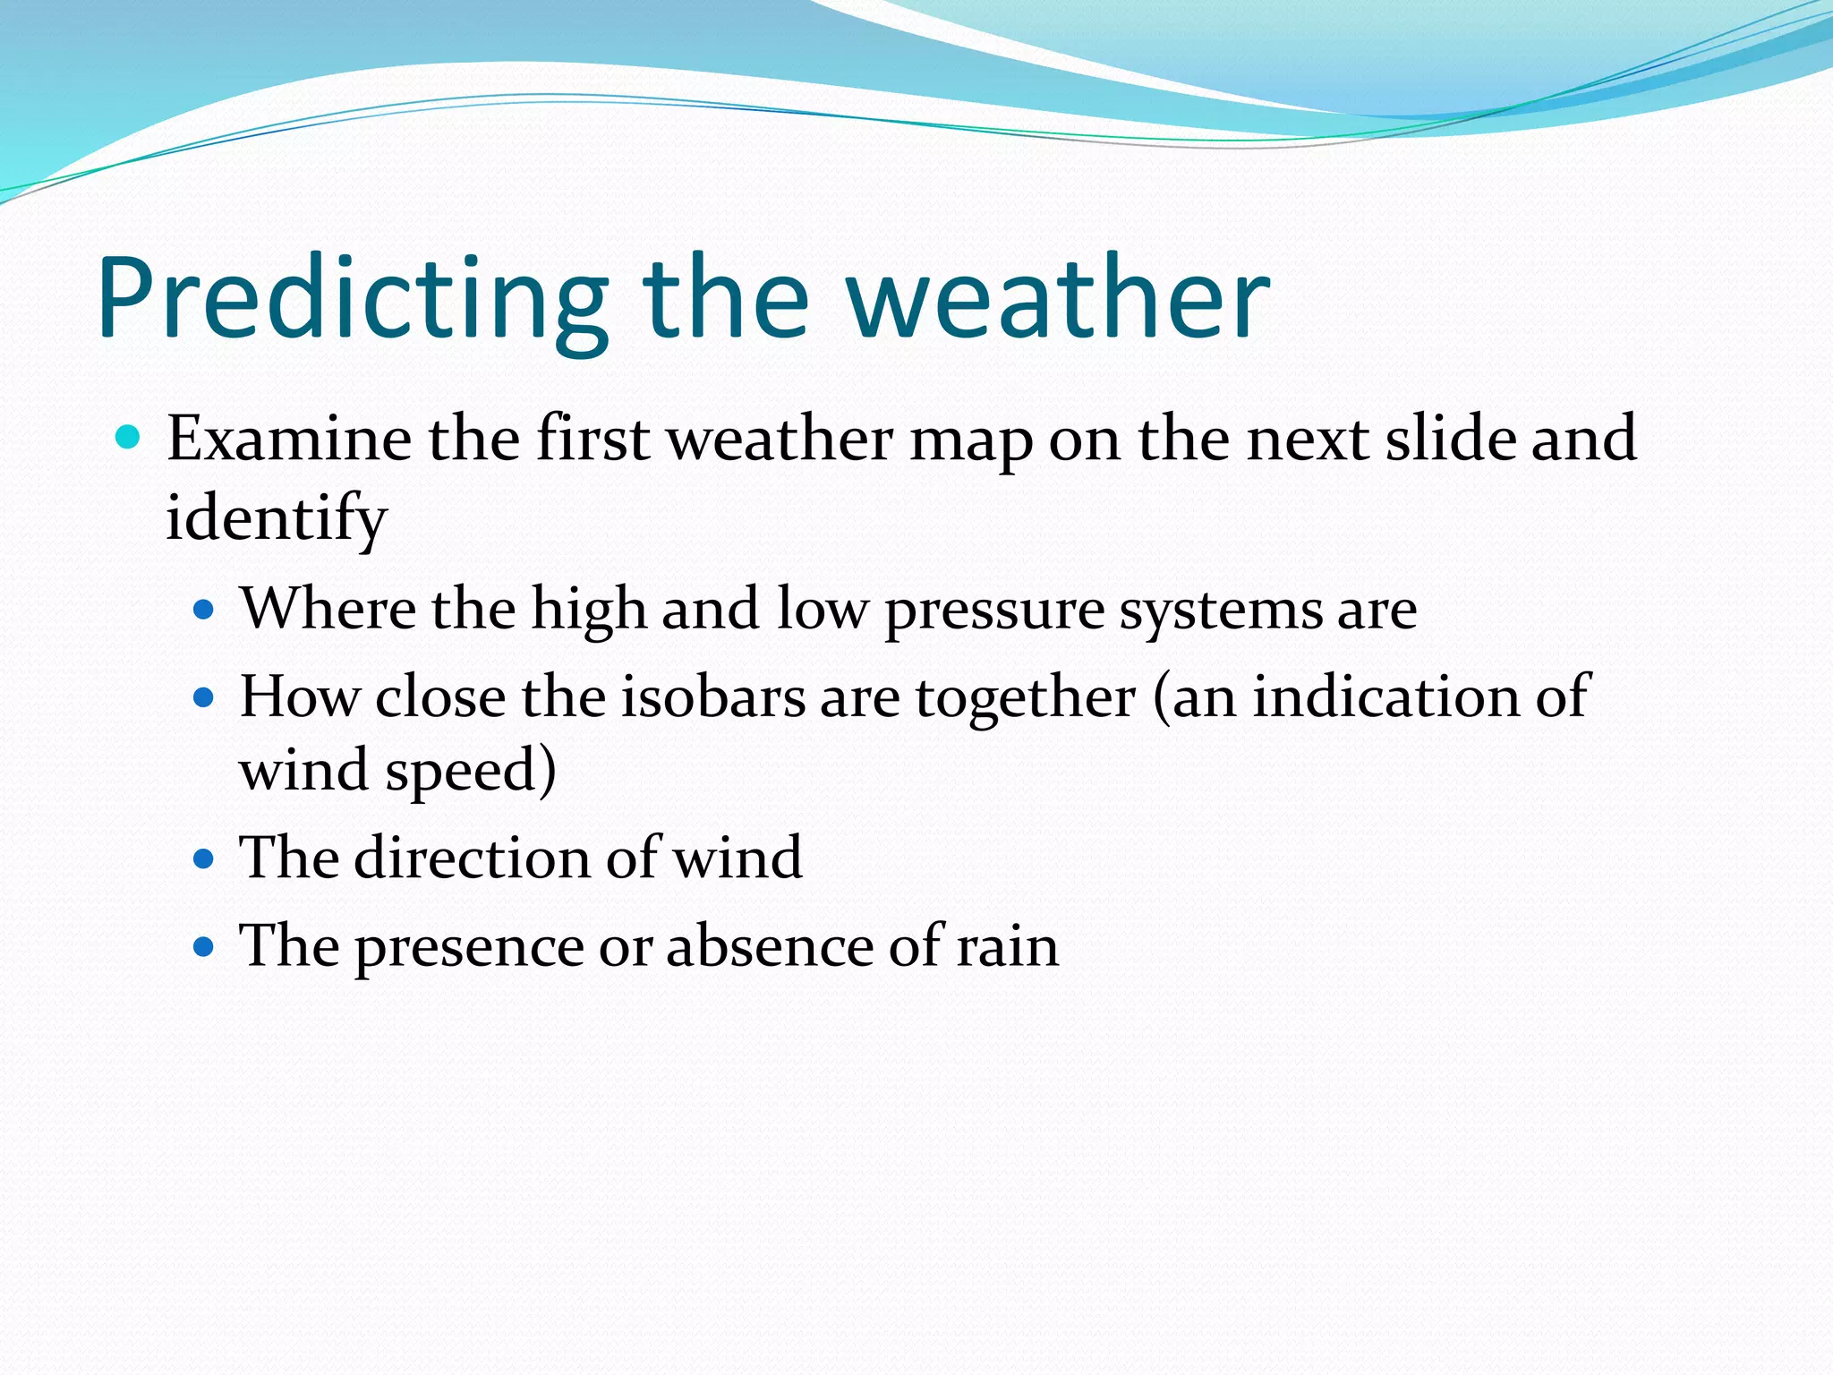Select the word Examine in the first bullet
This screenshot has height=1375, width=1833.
pos(289,439)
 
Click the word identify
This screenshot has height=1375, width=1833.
pos(277,519)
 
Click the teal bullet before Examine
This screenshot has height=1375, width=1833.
pos(129,438)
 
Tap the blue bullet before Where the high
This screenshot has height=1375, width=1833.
pos(205,611)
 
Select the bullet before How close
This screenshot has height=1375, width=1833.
pos(205,697)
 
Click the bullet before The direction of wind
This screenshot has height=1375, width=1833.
pos(205,859)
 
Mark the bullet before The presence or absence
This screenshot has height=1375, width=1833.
pos(205,947)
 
